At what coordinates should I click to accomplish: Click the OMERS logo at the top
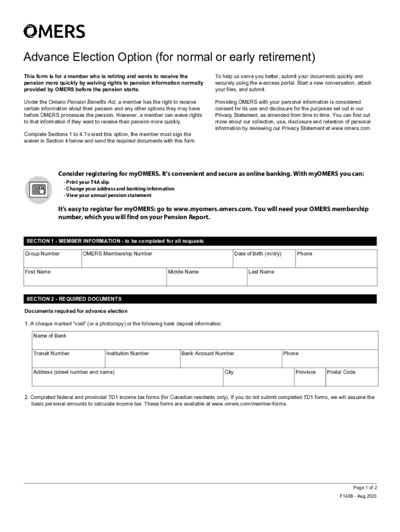pyautogui.click(x=54, y=32)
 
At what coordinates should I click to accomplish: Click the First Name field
pyautogui.click(x=95, y=277)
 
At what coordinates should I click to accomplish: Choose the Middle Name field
pyautogui.click(x=206, y=277)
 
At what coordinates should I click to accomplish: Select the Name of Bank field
pyautogui.click(x=204, y=341)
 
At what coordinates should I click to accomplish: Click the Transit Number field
pyautogui.click(x=68, y=359)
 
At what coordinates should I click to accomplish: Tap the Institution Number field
pyautogui.click(x=141, y=359)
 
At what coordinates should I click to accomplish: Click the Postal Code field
pyautogui.click(x=351, y=378)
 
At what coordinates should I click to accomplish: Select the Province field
pyautogui.click(x=309, y=378)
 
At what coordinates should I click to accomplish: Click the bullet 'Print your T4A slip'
pyautogui.click(x=86, y=182)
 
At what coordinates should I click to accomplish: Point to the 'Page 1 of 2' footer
pyautogui.click(x=365, y=488)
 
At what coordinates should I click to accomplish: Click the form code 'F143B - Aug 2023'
pyautogui.click(x=358, y=496)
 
